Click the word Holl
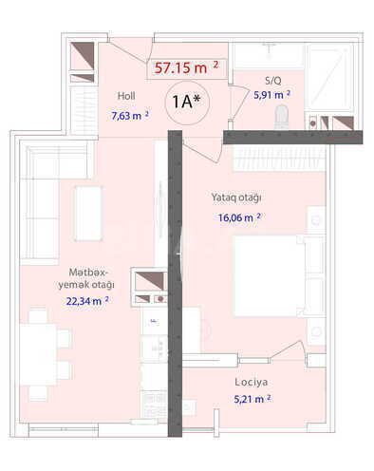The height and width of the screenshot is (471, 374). point(126,96)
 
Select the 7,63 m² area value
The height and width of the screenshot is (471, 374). point(130,116)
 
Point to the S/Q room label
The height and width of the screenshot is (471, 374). point(273,80)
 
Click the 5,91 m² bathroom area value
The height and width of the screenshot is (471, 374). point(271,94)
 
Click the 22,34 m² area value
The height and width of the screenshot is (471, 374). point(87,301)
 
